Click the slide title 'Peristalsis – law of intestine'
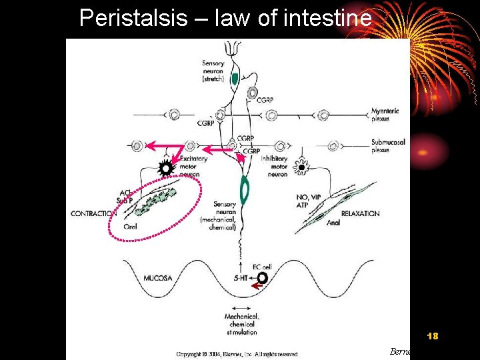(x=225, y=18)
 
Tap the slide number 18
(x=432, y=336)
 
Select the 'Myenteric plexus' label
(x=385, y=115)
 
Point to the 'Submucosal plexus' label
(x=388, y=146)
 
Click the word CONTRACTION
(x=94, y=213)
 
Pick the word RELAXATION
(x=360, y=213)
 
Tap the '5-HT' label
(x=243, y=277)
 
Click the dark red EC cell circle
(x=263, y=277)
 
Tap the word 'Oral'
(x=131, y=227)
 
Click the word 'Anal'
(x=333, y=223)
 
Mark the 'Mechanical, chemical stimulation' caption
(x=241, y=324)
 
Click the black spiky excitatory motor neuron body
(x=165, y=169)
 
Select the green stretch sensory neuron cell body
(x=234, y=78)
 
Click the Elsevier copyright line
(x=237, y=354)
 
